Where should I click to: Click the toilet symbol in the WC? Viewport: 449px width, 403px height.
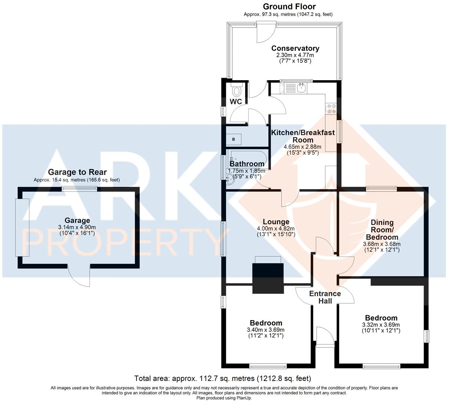coord(236,90)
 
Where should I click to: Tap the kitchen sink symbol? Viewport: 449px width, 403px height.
coord(301,88)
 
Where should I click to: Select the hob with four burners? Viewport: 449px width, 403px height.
coord(331,108)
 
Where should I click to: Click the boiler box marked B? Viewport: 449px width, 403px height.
coord(234,140)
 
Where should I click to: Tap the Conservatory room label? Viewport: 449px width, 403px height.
coord(295,48)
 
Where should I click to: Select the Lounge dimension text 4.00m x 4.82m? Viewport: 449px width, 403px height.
coord(276,229)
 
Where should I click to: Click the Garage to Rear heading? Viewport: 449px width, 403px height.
coord(77,172)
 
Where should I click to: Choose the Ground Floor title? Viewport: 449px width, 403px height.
coord(289,6)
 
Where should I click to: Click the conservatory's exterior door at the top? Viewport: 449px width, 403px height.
coord(266,31)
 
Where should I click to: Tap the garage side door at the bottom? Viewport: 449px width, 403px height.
coord(79,276)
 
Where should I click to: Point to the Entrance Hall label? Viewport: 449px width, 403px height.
coord(325,297)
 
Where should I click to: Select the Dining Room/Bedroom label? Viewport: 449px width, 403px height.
coord(382,229)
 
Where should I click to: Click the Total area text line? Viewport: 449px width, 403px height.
coord(222,378)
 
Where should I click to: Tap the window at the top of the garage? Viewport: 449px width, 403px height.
coord(80,189)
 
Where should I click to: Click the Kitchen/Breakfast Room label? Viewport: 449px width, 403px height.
coord(303,136)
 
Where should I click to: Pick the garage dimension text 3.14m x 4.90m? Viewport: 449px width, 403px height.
coord(77,227)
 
